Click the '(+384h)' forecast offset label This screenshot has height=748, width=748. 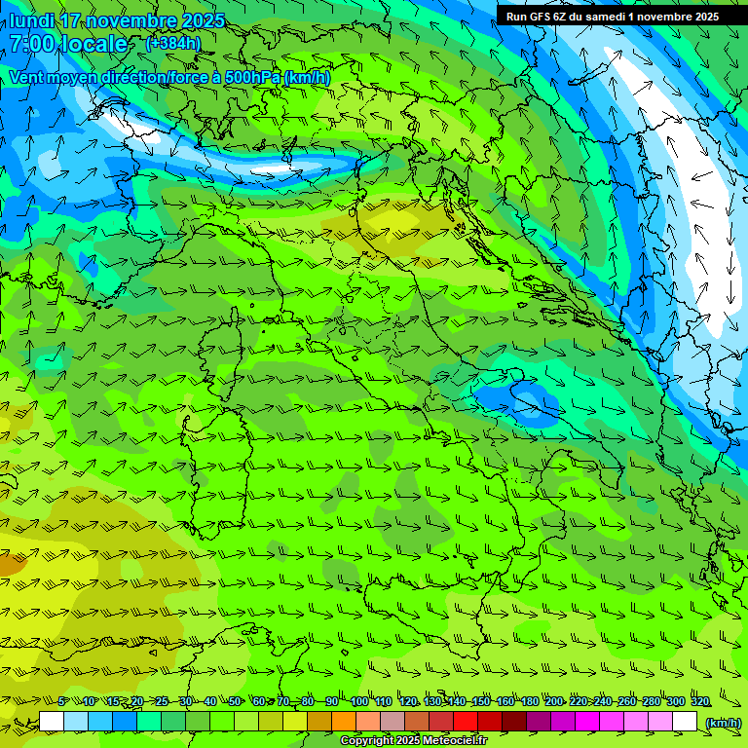click(173, 43)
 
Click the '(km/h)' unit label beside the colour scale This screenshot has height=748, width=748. click(723, 722)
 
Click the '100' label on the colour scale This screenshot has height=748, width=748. click(359, 701)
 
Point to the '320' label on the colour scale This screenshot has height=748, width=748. click(700, 701)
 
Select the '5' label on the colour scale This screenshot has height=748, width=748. click(62, 701)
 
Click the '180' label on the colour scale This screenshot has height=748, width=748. click(530, 701)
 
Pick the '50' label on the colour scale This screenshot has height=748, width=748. click(235, 701)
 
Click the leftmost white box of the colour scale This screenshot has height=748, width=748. click(52, 722)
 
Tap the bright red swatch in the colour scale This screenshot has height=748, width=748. click(466, 722)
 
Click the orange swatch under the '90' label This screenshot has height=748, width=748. click(344, 722)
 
